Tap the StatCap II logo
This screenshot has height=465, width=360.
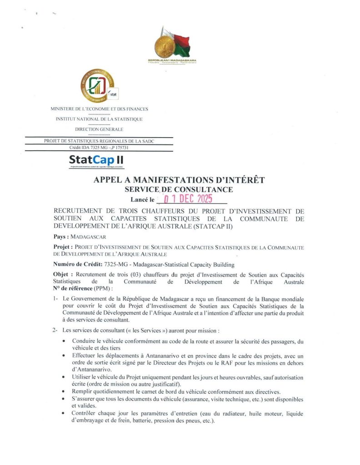[x=96, y=160]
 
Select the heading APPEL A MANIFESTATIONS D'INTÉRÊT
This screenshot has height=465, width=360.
[x=179, y=180]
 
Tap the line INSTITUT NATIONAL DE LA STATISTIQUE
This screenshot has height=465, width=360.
[x=99, y=119]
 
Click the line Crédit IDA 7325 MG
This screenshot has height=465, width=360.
[x=99, y=148]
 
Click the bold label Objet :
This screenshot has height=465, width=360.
[x=63, y=275]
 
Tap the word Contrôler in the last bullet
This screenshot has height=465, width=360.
[x=85, y=414]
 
